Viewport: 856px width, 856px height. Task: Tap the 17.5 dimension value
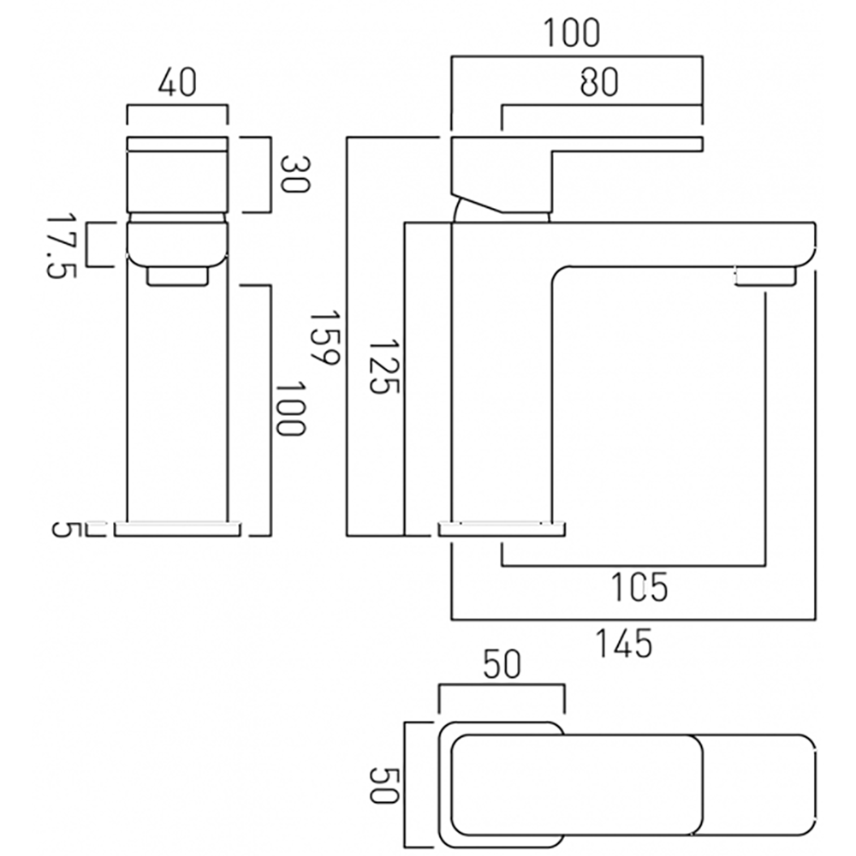tap(60, 245)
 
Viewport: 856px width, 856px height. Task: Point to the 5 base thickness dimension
tap(62, 528)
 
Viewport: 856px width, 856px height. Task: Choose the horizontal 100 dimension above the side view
tap(572, 33)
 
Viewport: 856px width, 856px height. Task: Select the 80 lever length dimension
tap(599, 82)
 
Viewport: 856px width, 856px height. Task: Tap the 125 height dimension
tap(383, 366)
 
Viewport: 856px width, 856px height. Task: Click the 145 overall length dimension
tap(624, 642)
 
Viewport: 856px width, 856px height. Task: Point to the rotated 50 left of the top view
tap(384, 784)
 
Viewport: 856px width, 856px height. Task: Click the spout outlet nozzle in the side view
tap(765, 276)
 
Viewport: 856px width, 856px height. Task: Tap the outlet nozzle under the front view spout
tap(177, 276)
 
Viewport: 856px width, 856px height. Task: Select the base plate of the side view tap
tap(502, 528)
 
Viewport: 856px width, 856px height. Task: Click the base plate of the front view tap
tap(177, 528)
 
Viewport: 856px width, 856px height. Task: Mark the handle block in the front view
tap(177, 175)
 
